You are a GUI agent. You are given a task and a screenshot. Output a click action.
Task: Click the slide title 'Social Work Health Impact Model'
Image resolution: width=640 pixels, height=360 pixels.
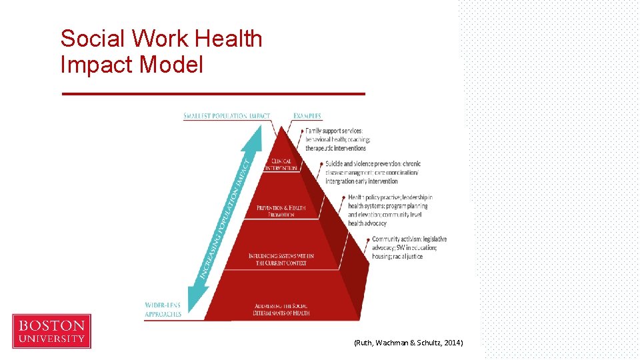tap(161, 51)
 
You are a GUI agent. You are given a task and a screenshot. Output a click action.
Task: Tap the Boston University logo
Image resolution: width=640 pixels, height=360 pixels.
tap(52, 331)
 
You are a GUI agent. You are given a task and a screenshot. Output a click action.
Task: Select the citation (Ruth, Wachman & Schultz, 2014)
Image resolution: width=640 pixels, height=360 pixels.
tap(408, 343)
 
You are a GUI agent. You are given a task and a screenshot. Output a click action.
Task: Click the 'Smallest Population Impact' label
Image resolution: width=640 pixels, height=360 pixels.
tap(227, 116)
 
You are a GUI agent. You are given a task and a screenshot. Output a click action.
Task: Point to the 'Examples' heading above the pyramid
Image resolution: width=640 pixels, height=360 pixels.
tap(307, 116)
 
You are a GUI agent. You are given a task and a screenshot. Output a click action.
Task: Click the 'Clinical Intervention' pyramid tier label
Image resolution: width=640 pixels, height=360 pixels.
tap(281, 165)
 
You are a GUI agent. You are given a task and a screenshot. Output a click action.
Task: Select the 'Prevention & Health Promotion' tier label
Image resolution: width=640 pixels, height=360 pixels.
tap(281, 211)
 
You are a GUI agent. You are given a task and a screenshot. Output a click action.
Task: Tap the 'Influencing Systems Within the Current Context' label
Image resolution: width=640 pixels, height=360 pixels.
tap(281, 259)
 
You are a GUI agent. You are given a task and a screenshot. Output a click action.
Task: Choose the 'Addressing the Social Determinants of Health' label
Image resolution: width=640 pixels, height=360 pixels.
tap(281, 309)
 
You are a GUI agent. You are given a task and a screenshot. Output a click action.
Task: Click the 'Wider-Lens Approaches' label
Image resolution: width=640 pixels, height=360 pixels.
tap(163, 309)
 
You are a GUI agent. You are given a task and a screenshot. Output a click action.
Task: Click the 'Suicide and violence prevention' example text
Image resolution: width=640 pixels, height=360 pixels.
tap(373, 172)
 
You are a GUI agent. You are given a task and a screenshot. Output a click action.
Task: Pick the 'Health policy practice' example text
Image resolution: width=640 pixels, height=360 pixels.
tap(390, 210)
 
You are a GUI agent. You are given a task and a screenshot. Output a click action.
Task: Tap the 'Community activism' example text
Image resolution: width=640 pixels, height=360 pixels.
tap(409, 247)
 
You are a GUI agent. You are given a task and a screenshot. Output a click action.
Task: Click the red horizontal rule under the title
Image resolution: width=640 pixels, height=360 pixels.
tap(213, 94)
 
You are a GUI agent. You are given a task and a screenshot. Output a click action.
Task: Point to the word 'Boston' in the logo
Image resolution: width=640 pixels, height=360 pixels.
tap(52, 326)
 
